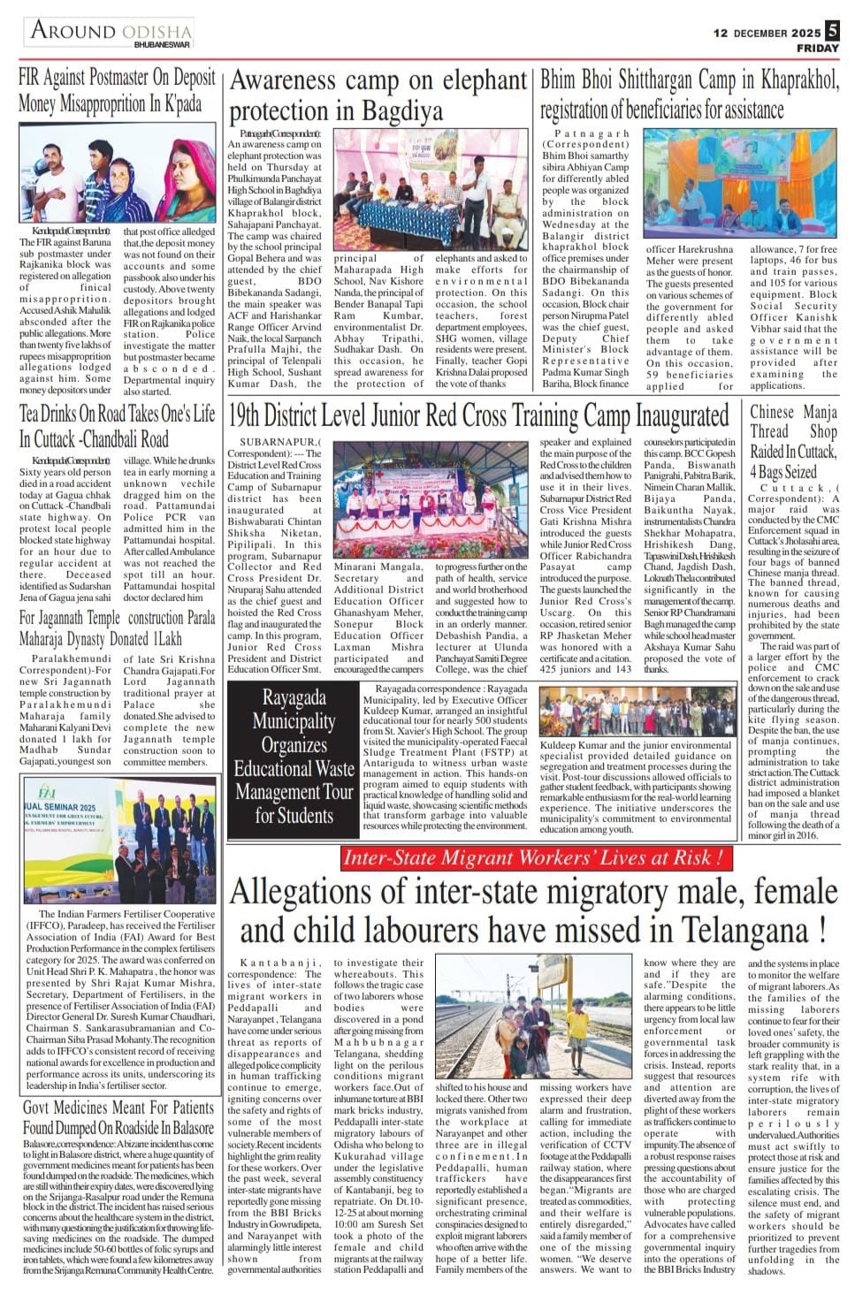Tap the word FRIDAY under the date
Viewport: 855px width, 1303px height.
click(818, 47)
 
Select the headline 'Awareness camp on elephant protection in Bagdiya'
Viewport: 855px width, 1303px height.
click(378, 95)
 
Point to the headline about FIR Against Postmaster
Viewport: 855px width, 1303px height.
click(117, 89)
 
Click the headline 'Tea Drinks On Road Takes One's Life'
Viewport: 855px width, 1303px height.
click(117, 425)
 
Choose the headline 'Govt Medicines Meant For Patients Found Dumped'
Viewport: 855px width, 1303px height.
click(118, 1116)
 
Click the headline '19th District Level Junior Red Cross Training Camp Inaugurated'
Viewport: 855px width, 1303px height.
click(478, 415)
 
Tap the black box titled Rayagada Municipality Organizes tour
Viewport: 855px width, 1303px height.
click(293, 757)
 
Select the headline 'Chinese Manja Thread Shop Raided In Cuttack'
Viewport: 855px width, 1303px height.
click(793, 440)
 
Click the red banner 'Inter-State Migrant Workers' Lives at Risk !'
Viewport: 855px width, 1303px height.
click(536, 857)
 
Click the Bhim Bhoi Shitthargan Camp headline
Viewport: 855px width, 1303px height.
click(689, 95)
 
